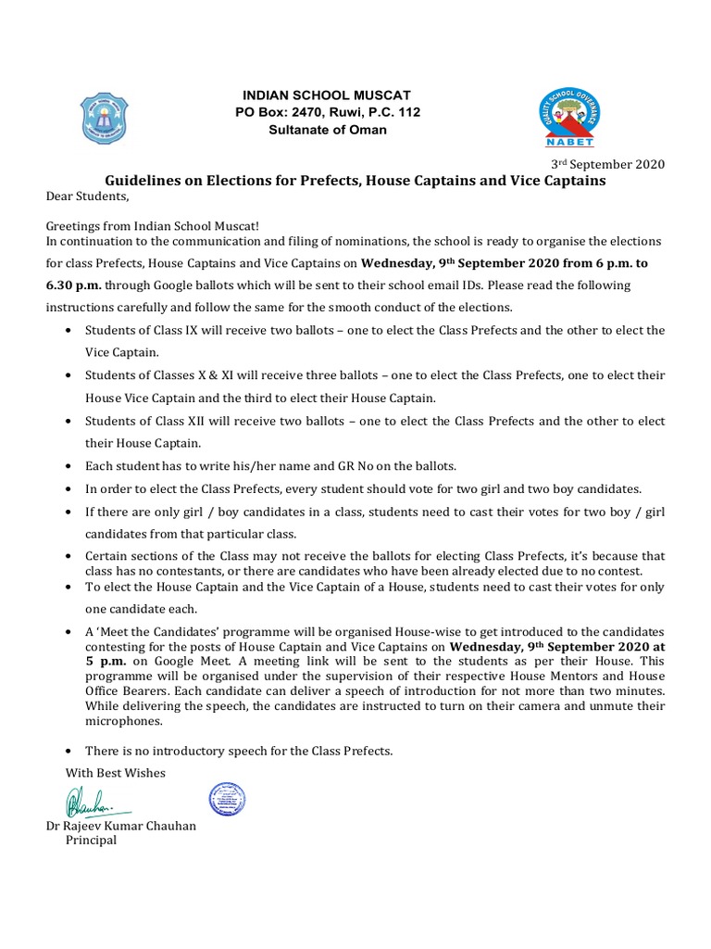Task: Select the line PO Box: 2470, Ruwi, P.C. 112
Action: tap(328, 113)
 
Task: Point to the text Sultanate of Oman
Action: tap(328, 130)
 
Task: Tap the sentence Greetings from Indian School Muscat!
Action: tap(154, 225)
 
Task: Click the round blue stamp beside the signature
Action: tap(227, 799)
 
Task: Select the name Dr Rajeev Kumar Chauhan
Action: tap(121, 826)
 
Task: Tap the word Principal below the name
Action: tap(90, 841)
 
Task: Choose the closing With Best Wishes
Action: tap(116, 772)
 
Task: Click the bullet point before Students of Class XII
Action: tap(72, 421)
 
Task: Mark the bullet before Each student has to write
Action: tap(72, 465)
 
